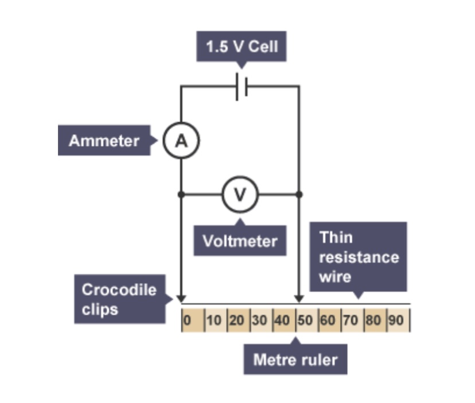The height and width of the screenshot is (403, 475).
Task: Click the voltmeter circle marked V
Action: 240,195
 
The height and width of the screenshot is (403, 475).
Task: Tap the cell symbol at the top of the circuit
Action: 241,87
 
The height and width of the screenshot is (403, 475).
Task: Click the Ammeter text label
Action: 104,141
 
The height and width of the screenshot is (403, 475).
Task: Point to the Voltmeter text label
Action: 240,241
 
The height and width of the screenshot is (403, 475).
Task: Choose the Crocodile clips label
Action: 119,299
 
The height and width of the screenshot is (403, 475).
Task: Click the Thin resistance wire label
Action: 359,257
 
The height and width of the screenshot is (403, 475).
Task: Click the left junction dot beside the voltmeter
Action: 181,195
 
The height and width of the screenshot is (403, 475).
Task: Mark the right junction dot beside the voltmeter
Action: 299,195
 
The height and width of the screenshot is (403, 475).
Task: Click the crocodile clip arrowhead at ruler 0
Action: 181,299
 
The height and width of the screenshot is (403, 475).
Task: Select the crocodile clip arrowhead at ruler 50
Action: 299,299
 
